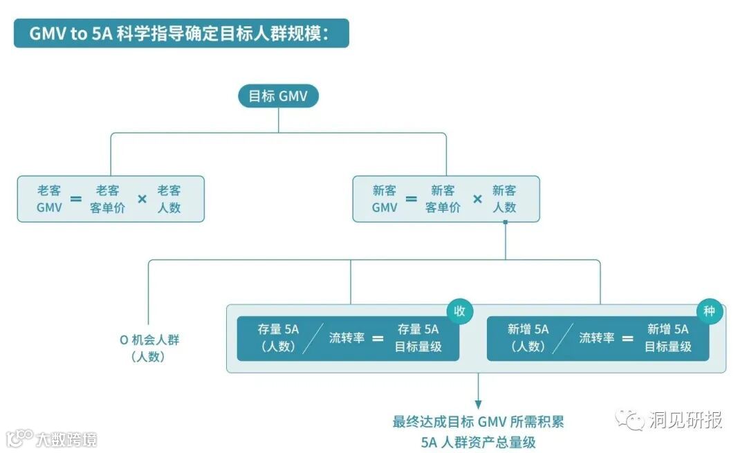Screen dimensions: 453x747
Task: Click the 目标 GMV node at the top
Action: tap(278, 96)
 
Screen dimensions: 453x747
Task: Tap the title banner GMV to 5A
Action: tap(181, 33)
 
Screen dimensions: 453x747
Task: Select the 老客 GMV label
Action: tap(49, 198)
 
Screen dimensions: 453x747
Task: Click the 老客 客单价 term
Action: tap(107, 198)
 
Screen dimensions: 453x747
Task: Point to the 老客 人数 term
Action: tap(169, 198)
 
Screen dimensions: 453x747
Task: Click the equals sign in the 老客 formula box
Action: tap(76, 199)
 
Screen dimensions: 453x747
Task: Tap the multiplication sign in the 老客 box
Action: tap(142, 199)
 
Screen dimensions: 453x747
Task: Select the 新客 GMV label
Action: tap(385, 198)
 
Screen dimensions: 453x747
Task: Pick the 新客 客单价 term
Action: tap(443, 198)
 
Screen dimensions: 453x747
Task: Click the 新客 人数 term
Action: tap(504, 198)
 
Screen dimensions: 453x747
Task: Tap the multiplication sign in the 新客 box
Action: tap(477, 199)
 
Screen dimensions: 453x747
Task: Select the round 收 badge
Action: tap(459, 311)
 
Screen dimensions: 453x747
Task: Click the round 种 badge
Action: tap(709, 311)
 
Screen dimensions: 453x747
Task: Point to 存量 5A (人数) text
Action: tap(278, 338)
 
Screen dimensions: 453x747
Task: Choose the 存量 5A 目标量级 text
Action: tap(418, 338)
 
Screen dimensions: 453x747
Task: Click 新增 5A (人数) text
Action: tap(528, 338)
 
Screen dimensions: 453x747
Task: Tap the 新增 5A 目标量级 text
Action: tap(667, 338)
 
